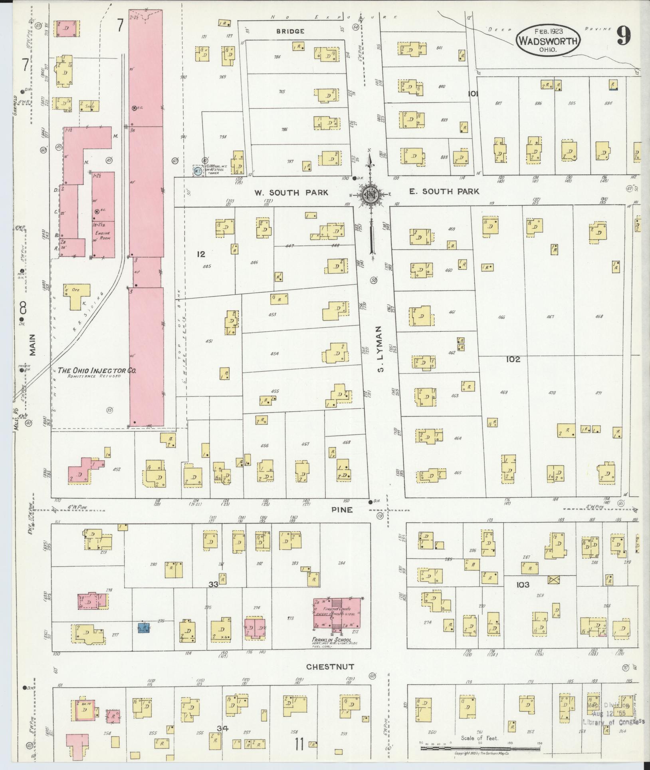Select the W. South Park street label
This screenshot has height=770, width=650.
[x=291, y=193]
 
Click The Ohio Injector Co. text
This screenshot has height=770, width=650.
[x=97, y=370]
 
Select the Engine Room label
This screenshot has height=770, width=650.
[x=102, y=235]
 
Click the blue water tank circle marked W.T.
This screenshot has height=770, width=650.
[x=197, y=171]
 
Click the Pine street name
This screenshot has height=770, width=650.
[x=342, y=510]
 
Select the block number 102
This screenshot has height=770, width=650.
[x=513, y=359]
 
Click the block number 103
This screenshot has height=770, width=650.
[x=523, y=585]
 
